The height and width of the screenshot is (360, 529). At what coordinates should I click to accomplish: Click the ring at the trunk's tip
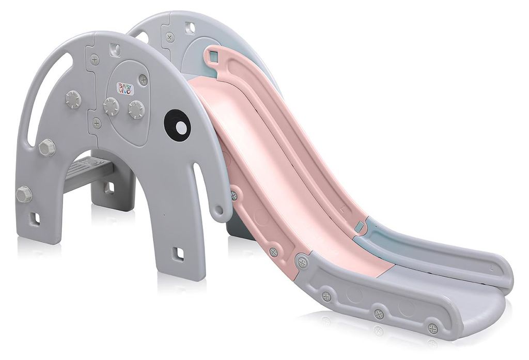point(220,210)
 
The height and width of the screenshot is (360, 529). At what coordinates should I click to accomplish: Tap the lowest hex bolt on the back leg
point(24,194)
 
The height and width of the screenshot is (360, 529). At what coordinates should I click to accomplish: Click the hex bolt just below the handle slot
point(46,147)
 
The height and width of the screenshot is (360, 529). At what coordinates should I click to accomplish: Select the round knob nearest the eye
point(136,108)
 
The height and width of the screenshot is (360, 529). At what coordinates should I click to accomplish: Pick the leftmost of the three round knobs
point(73,99)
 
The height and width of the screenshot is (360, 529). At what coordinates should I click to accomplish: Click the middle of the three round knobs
point(111,106)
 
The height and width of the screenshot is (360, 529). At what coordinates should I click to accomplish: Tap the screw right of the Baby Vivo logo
point(144,80)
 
